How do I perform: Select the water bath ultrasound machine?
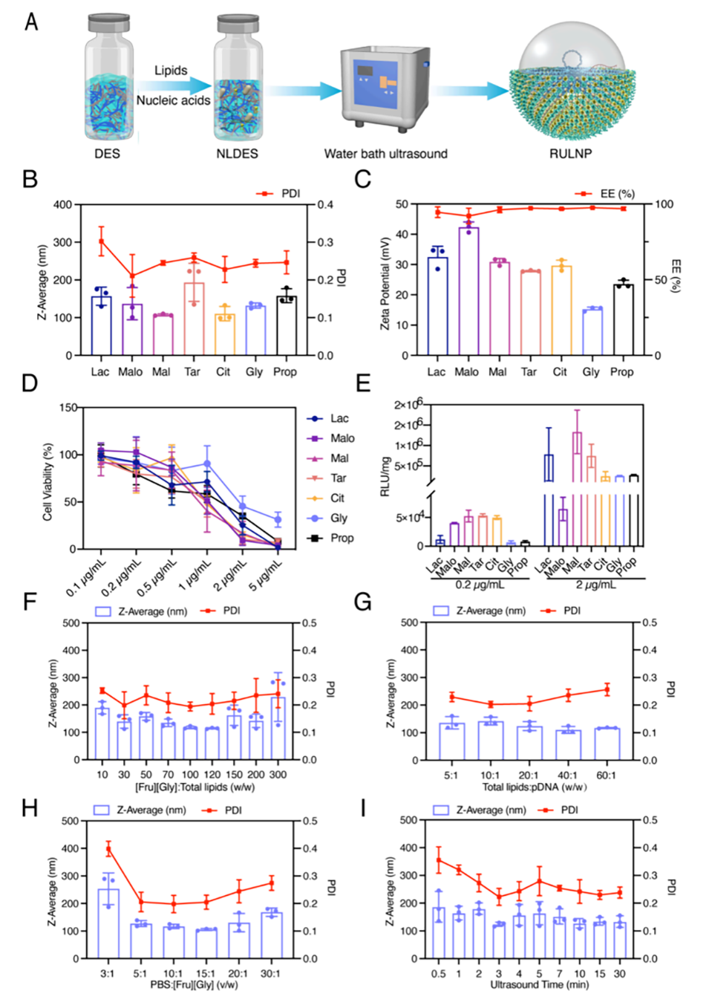385,89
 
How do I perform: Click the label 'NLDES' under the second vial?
237,154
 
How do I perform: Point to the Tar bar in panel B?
194,319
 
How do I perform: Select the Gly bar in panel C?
592,331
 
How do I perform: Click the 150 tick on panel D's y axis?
68,408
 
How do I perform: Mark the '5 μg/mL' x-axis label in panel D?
266,576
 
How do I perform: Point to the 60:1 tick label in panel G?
606,775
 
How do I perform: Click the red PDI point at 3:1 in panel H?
109,849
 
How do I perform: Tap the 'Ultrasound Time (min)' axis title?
539,984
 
